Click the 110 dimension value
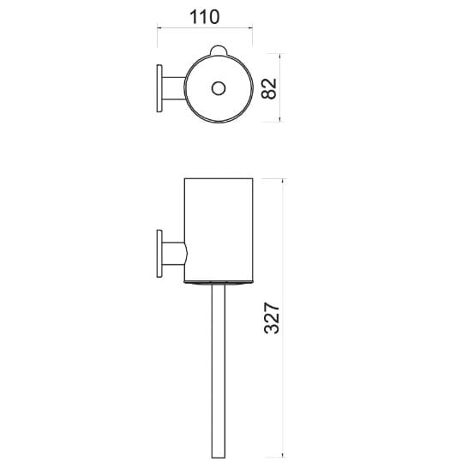205,17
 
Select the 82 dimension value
268,88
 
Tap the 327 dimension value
272,318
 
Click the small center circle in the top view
219,88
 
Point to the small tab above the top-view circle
219,50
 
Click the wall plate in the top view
159,88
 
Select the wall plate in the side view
159,254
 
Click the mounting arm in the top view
173,88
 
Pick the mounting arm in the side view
174,254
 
